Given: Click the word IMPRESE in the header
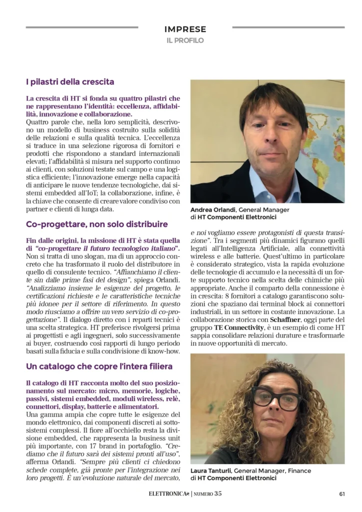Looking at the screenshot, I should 185,29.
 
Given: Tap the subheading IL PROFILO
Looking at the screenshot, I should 185,40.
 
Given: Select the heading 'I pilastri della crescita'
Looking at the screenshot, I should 70,81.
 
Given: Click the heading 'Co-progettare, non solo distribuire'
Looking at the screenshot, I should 97,224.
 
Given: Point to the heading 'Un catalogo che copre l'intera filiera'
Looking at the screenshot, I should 99,367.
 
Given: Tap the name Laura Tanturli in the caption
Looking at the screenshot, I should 211,470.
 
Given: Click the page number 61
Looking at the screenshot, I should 342,493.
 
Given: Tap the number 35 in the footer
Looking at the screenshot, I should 218,493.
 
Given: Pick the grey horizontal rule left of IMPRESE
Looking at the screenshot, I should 82,27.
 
